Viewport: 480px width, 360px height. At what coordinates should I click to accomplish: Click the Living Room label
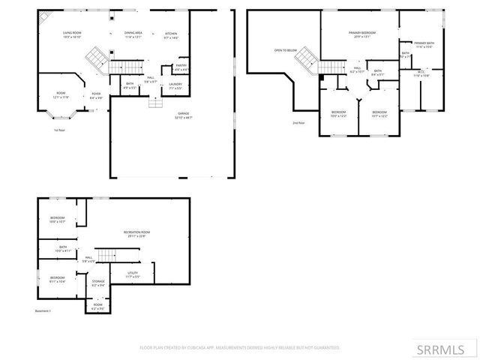click(72, 35)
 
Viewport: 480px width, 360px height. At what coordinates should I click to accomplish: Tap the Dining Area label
click(134, 35)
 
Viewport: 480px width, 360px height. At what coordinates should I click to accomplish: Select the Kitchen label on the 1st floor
click(171, 35)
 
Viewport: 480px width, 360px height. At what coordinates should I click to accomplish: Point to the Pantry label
click(181, 67)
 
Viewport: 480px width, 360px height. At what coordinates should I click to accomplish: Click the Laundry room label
click(175, 86)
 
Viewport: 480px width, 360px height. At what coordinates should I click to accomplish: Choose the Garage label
click(183, 116)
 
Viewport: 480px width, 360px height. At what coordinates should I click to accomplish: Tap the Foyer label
click(97, 96)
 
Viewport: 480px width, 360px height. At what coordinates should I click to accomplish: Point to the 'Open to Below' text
click(285, 50)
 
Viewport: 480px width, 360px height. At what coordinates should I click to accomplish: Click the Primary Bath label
click(424, 46)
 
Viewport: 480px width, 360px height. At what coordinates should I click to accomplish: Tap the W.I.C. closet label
click(419, 74)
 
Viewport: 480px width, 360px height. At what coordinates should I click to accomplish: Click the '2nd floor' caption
click(298, 123)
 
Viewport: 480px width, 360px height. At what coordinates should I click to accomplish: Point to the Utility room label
click(132, 275)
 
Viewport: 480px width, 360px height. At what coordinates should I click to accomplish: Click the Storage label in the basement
click(98, 283)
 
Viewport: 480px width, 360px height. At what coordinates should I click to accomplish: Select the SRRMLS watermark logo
click(445, 349)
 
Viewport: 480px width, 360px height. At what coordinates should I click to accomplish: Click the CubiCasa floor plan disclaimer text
click(240, 347)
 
